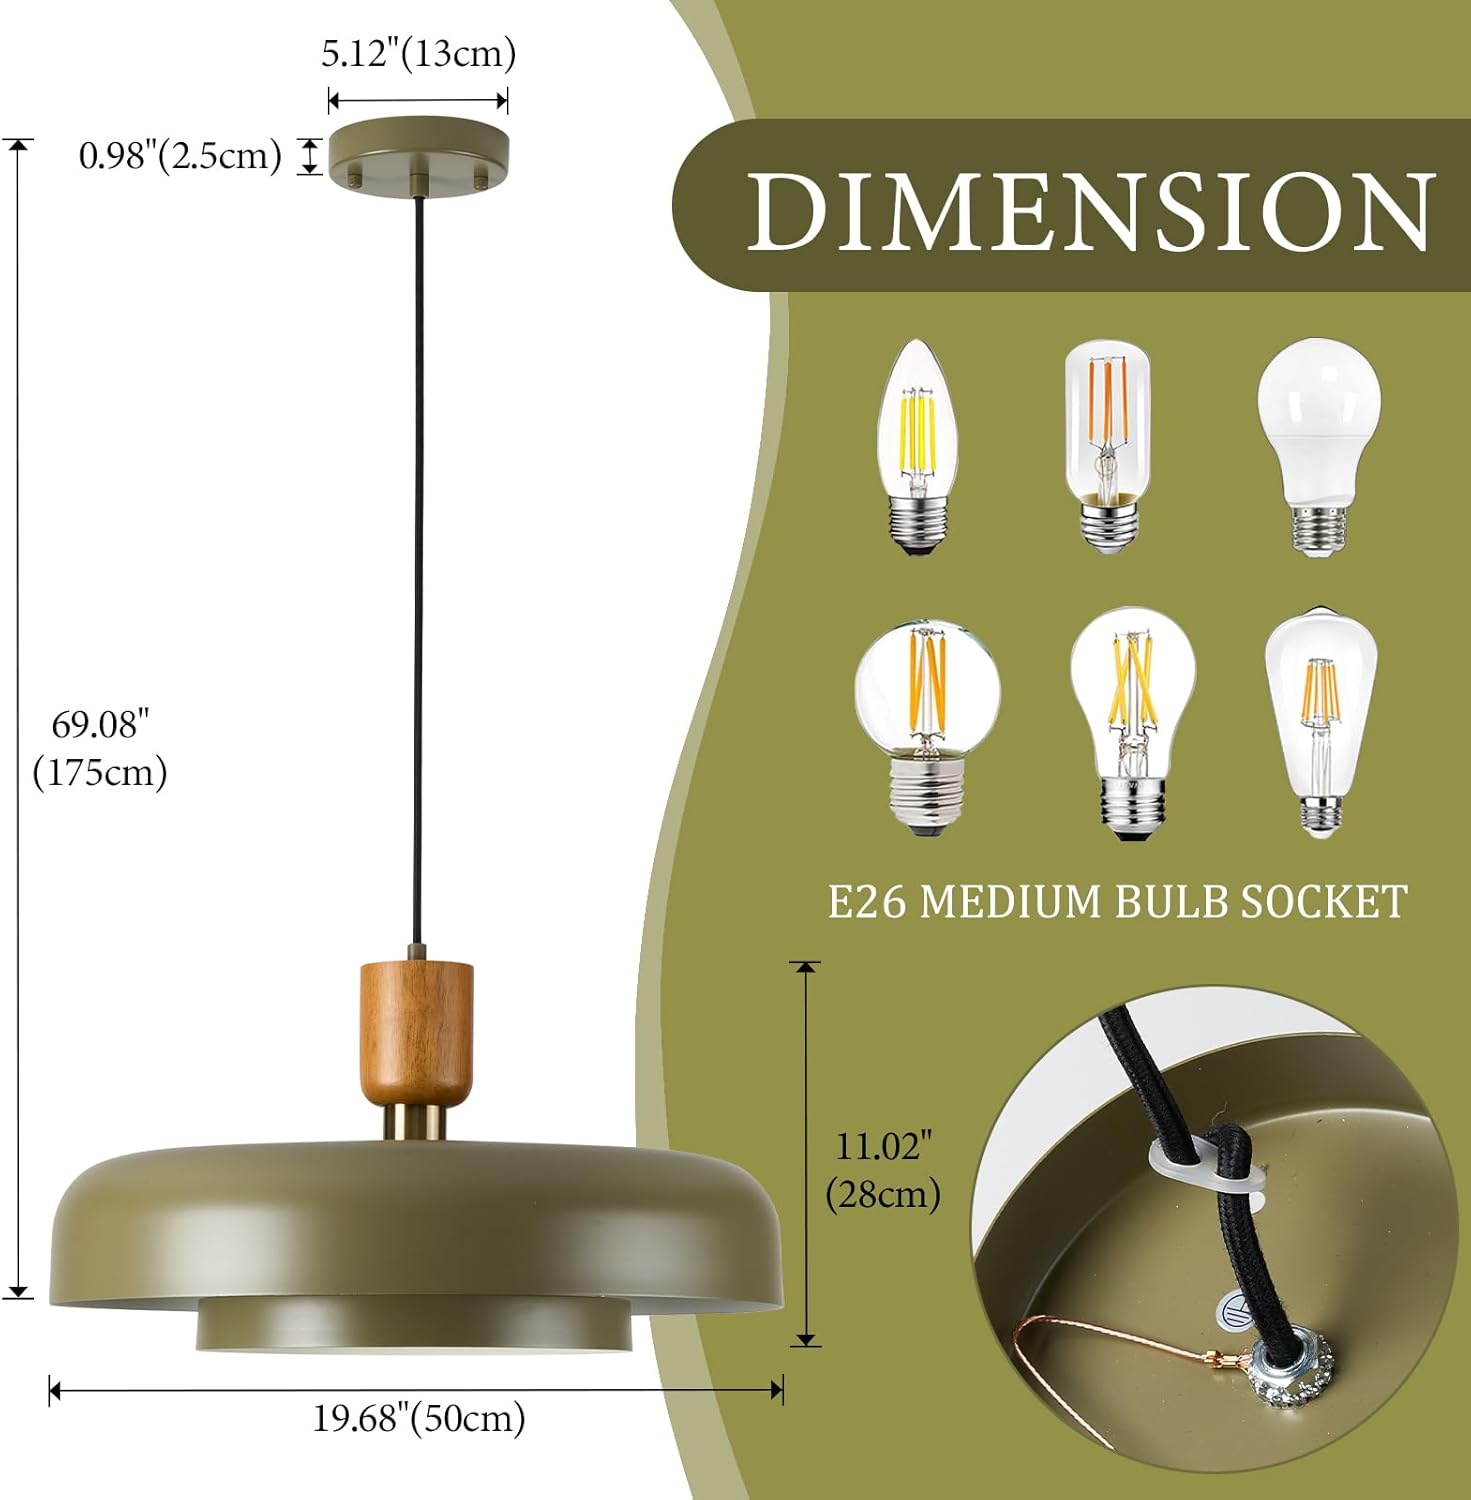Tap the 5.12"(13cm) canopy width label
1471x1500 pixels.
418,54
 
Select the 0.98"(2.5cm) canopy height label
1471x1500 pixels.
180,156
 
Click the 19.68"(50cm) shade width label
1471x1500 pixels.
419,1418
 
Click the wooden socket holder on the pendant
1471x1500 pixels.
417,1030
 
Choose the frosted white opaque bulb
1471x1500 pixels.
1319,446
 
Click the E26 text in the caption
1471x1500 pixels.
866,902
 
